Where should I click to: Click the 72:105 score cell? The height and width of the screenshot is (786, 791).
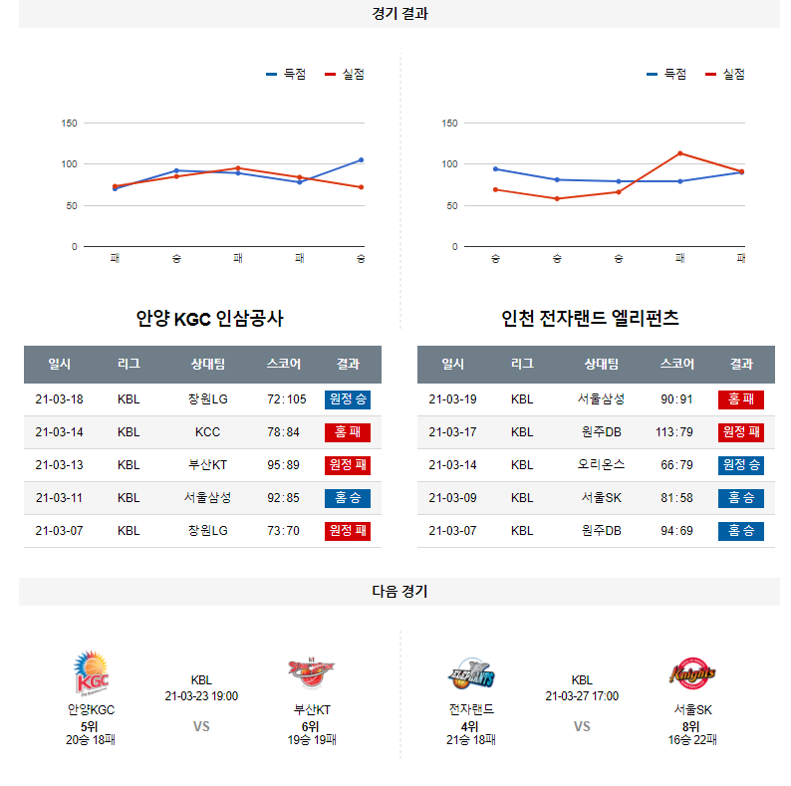click(286, 399)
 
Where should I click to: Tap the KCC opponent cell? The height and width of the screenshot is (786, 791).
click(207, 432)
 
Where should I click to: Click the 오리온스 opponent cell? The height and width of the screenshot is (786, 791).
click(601, 465)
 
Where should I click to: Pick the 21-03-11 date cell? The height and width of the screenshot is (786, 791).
click(59, 498)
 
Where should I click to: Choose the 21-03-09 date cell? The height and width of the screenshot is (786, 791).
click(452, 498)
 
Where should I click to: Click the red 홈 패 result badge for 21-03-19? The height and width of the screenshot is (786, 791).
click(740, 399)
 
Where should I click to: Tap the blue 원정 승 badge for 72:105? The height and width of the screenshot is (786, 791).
click(347, 399)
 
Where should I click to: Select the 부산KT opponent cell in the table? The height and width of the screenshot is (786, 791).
click(207, 465)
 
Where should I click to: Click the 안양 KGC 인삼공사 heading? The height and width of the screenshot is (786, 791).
click(209, 319)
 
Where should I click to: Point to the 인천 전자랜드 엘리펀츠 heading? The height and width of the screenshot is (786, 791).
click(591, 319)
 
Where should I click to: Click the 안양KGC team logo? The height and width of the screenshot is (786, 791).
click(91, 674)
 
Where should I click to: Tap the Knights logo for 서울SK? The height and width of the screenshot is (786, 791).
click(692, 674)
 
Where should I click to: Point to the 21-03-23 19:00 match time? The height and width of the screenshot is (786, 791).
click(201, 696)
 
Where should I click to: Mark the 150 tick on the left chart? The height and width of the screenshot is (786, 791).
click(70, 124)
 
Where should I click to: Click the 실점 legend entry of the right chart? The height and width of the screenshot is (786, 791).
click(726, 74)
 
